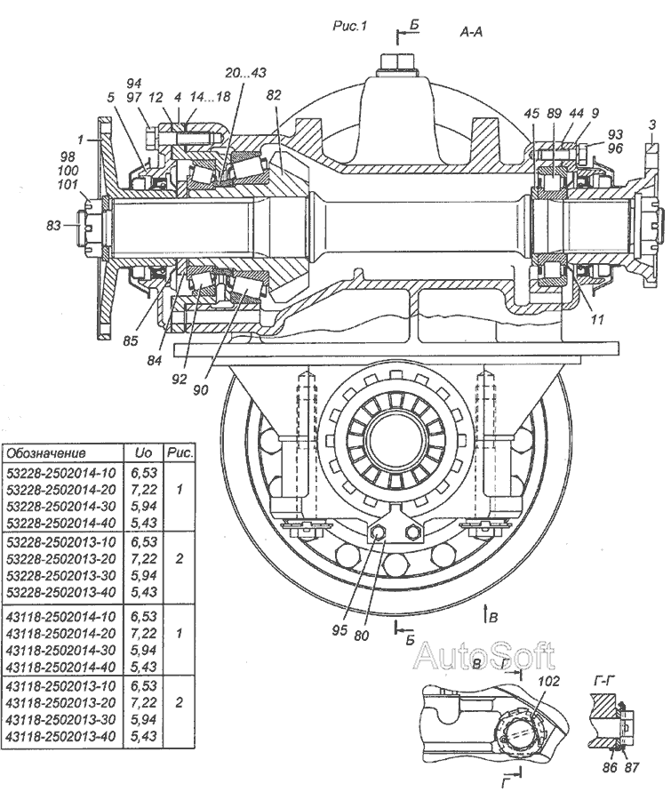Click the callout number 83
click(53, 225)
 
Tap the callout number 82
click(274, 95)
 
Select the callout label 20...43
click(246, 73)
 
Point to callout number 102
click(548, 681)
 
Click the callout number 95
click(339, 629)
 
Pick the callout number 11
click(597, 319)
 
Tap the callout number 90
click(201, 390)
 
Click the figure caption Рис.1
click(349, 26)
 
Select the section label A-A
click(471, 32)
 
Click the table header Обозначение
click(46, 453)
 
